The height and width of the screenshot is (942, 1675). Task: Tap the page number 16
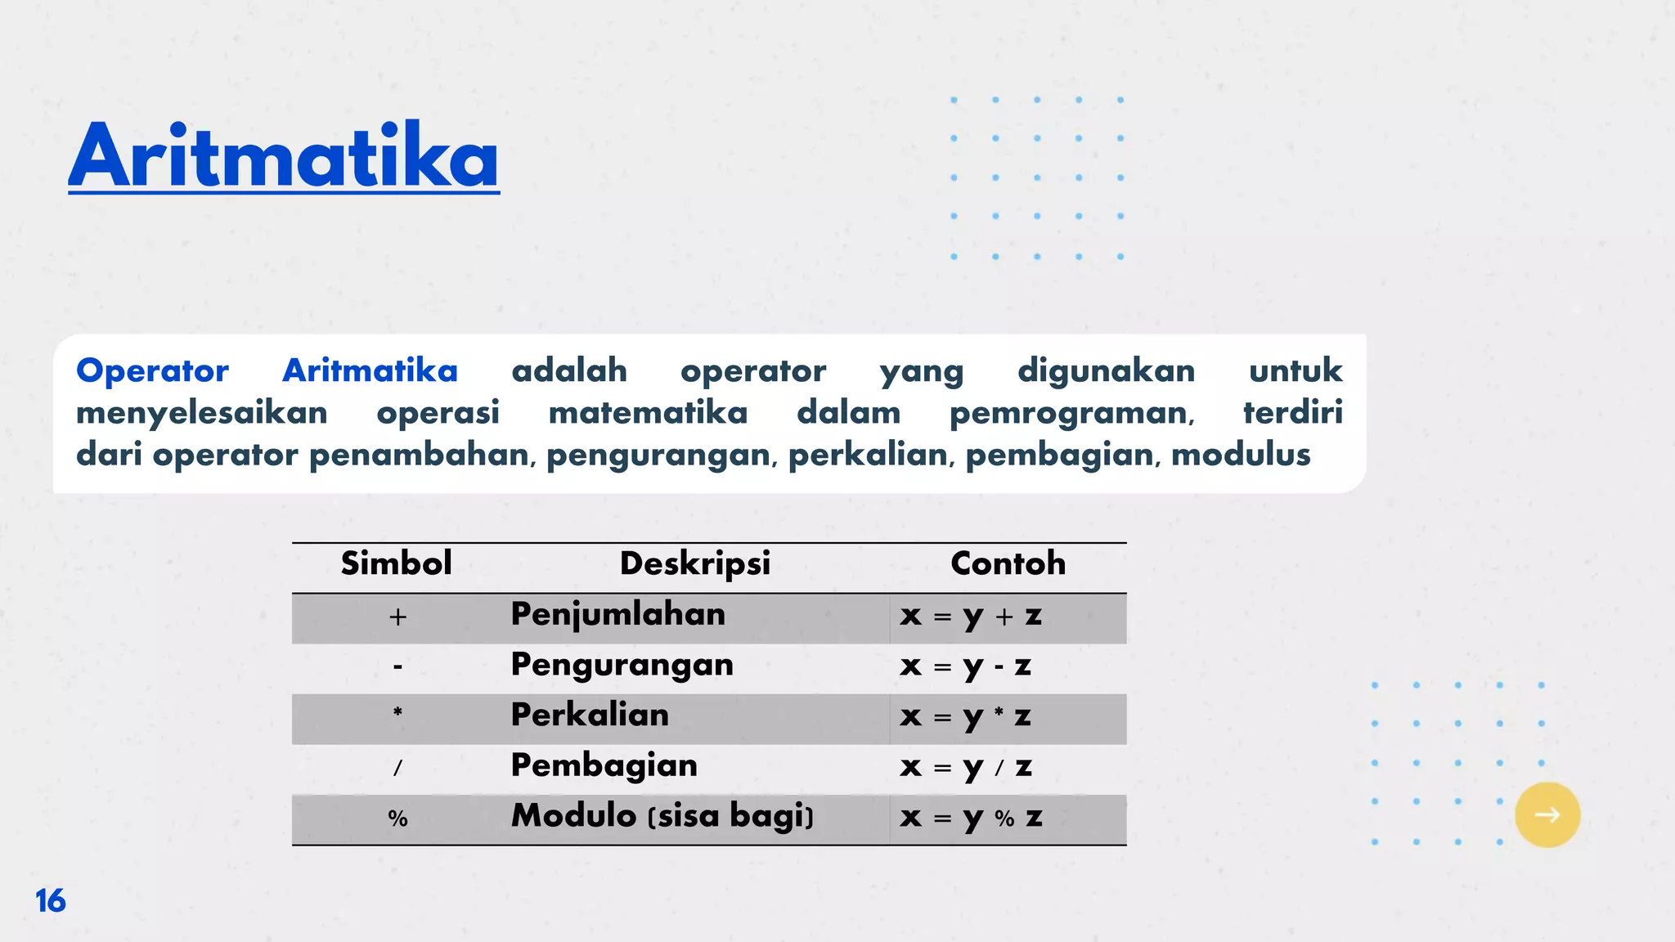coord(50,900)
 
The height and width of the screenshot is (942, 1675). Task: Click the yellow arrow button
coord(1547,814)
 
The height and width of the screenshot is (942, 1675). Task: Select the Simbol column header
coord(396,563)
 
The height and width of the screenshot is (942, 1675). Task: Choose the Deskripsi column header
coord(695,563)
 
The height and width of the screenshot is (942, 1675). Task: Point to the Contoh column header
coord(1008,563)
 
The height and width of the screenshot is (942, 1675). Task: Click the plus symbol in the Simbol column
coord(397,617)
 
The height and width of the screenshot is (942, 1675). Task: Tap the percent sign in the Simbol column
coord(397,819)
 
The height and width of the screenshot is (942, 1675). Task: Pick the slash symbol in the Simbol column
coord(397,768)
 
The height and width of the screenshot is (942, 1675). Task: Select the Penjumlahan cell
coord(618,615)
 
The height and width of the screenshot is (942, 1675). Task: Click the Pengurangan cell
coord(622,666)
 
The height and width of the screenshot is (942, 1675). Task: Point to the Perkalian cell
coord(590,715)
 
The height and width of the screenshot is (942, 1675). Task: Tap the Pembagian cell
coord(604,766)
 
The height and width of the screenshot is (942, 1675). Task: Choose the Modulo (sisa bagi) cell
coord(662,816)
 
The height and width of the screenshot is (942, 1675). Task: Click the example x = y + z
coord(971,616)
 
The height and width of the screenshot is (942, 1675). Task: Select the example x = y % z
coord(971,818)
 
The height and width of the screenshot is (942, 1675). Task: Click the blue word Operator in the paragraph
coord(152,371)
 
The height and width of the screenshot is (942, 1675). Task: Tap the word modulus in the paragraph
coord(1240,455)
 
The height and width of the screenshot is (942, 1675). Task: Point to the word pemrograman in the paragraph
coord(1071,414)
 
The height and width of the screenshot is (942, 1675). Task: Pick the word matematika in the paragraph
coord(648,413)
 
